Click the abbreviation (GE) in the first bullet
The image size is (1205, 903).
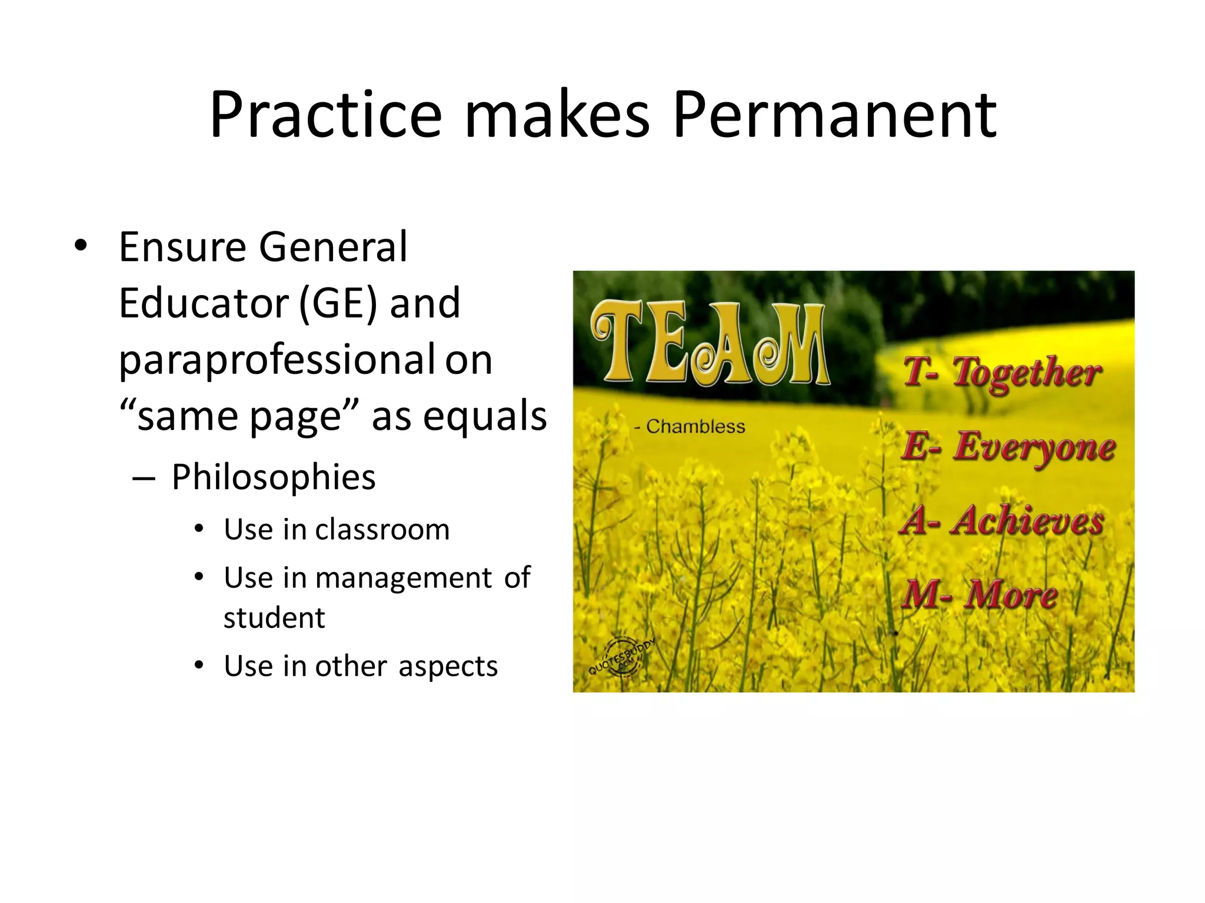[x=338, y=303]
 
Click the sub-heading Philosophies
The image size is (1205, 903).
[x=274, y=477]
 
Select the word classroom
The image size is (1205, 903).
[x=382, y=530]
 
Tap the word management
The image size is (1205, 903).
[x=404, y=578]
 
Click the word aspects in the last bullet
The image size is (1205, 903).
[x=448, y=666]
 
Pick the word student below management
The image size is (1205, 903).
[x=274, y=618]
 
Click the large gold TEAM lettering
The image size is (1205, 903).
[x=710, y=343]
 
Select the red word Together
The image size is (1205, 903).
[x=1026, y=374]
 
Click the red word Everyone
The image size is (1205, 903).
[x=1034, y=447]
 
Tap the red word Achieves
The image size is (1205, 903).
[x=1026, y=521]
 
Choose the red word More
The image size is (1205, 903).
[x=1010, y=594]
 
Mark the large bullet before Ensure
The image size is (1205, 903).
[x=81, y=246]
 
